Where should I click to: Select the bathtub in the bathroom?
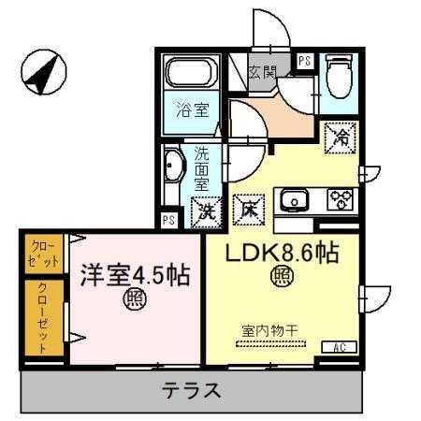pos(192,73)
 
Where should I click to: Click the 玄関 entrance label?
pos(263,70)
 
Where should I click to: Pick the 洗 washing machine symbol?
pos(205,211)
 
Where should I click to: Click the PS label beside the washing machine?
pos(168,221)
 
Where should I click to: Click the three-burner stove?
pos(339,200)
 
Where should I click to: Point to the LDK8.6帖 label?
pos(279,252)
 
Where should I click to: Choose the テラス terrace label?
pos(193,390)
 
